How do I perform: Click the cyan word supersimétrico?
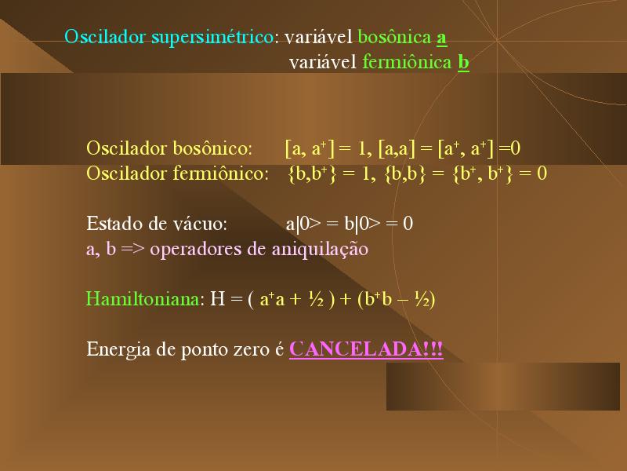coord(212,38)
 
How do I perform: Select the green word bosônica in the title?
coord(395,37)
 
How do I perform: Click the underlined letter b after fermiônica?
coord(463,63)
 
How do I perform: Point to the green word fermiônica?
coord(407,62)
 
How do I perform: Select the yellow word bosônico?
coord(212,148)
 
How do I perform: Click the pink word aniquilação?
coord(320,250)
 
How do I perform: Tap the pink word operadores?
coord(195,250)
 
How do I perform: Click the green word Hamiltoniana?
coord(143,299)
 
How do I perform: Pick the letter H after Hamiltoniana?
coord(218,299)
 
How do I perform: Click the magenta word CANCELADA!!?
coord(366,349)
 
